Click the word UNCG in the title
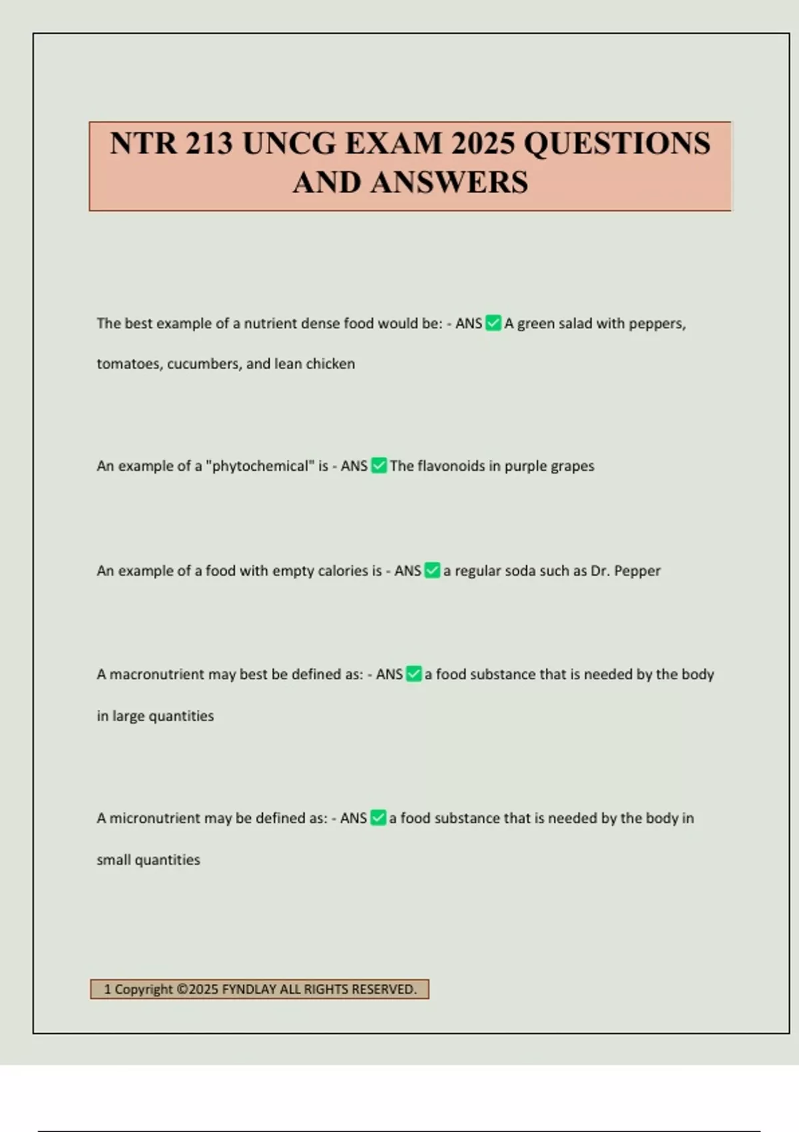(289, 143)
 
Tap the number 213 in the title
(209, 143)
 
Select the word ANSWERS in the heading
(449, 182)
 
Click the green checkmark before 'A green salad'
(493, 323)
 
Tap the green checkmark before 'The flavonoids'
(378, 465)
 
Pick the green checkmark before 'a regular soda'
(432, 571)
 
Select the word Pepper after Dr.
(637, 571)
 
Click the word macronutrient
(156, 675)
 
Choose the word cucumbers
(204, 364)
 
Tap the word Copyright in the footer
(143, 990)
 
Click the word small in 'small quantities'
(113, 860)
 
